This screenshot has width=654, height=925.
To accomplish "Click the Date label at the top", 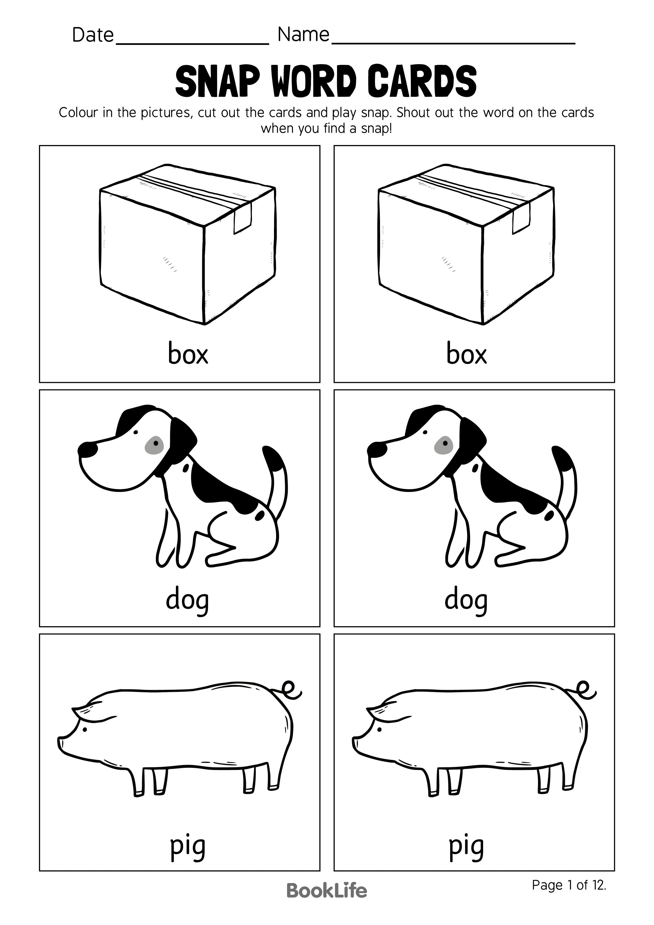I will coord(93,35).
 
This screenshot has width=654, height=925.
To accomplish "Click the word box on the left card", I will coord(188,354).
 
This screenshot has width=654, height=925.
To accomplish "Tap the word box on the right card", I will coord(467,354).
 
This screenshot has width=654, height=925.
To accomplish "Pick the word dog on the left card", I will coord(187,601).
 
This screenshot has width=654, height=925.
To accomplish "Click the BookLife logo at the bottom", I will coord(326,902).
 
